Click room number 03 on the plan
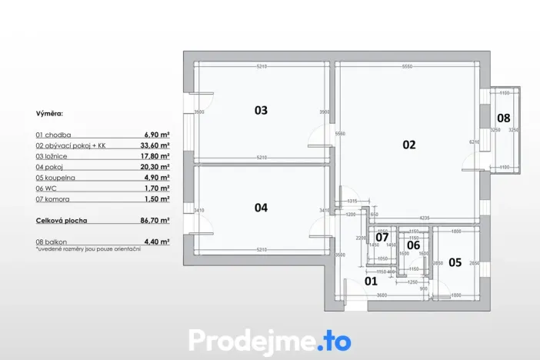coord(261,111)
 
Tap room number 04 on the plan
coord(261,208)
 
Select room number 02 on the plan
coord(408,144)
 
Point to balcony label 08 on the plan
coord(502,118)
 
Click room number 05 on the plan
coord(455,262)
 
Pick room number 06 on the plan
coord(413,245)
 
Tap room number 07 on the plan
coord(382,237)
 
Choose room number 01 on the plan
coord(372,281)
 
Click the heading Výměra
coord(50,113)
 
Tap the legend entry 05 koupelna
coord(56,177)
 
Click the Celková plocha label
coord(62,220)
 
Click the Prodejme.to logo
coord(269,340)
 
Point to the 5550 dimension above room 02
coord(407,67)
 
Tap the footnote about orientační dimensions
coord(88,249)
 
